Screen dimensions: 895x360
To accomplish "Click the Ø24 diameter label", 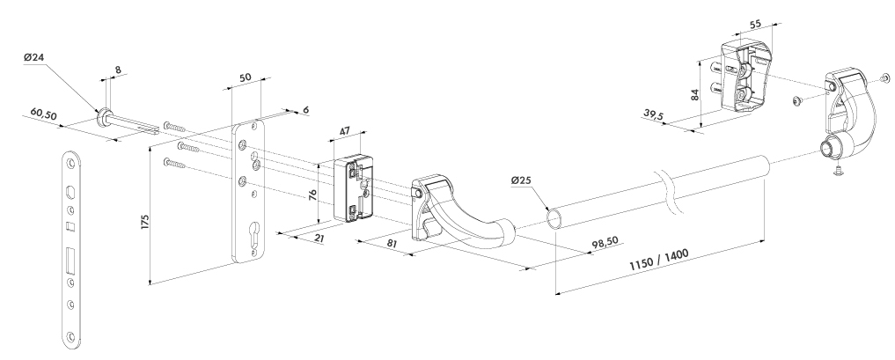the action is coord(34,57).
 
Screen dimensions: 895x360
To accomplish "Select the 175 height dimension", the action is coord(145,222).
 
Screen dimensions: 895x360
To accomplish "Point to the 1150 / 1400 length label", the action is coord(659,261).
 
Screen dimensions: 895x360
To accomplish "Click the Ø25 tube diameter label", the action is coord(521,180).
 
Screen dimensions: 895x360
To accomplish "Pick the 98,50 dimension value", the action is coord(605,243).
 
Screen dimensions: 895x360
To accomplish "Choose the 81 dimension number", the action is coord(392,244).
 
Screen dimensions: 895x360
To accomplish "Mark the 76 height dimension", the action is coord(312,194).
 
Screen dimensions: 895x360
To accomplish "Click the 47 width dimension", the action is coord(345,131).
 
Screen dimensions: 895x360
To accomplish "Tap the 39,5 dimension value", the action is coord(654,114).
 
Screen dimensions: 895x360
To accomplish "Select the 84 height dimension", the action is coord(694,94).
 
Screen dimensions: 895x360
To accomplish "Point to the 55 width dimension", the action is coord(755,25).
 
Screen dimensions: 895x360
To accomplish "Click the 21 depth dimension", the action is coord(319,238).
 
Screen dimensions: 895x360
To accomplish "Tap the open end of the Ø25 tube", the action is coord(554,219).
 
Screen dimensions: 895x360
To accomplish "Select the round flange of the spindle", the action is coord(103,117).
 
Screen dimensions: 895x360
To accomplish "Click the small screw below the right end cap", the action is coord(837,170).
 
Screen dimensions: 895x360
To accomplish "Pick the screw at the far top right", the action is coord(885,77).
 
